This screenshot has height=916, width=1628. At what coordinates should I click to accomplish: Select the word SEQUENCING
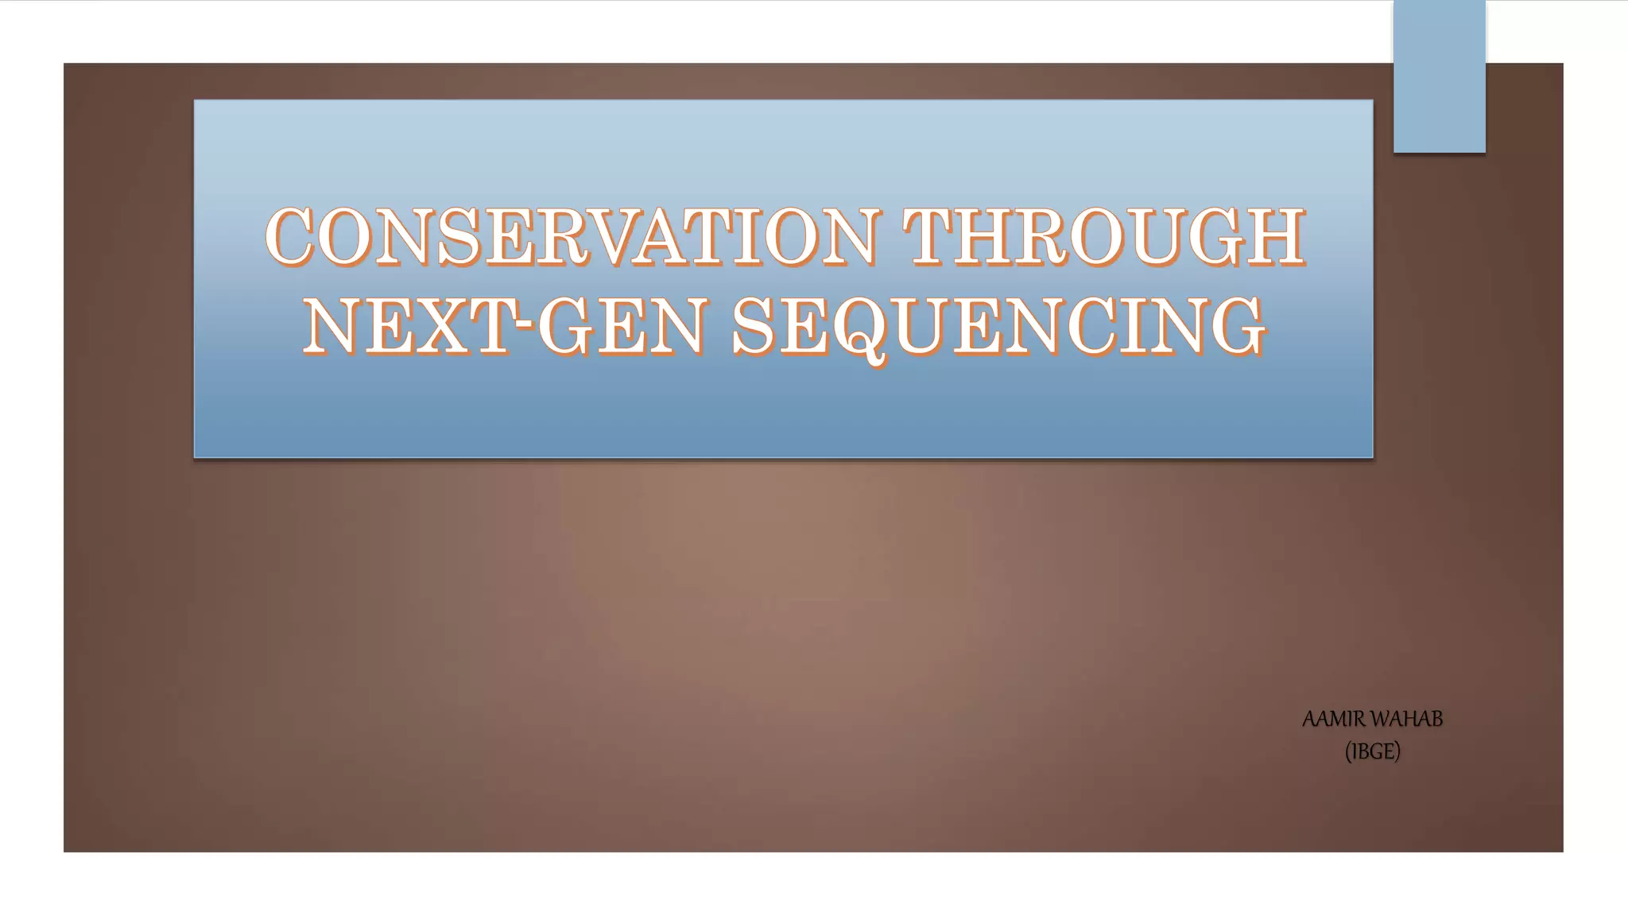[998, 326]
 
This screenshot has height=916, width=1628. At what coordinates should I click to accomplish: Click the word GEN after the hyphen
[620, 326]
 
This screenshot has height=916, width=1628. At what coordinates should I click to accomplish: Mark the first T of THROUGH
[932, 236]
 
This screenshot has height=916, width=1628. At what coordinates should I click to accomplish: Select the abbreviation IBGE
[1373, 751]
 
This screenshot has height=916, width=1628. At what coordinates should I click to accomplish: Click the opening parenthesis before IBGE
[1348, 752]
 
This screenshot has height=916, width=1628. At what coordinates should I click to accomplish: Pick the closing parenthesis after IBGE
[1397, 752]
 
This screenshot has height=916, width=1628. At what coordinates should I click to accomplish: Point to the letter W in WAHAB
[1380, 720]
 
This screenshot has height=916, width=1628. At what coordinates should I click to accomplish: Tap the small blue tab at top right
[1439, 76]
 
